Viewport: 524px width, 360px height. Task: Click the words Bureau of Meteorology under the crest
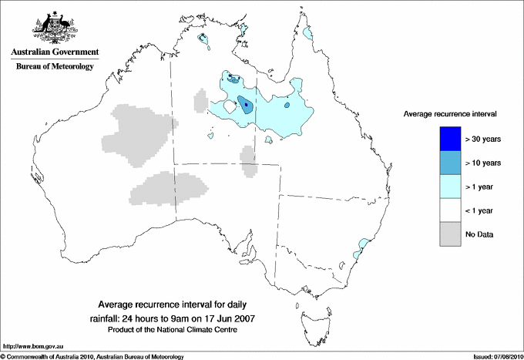[54, 67]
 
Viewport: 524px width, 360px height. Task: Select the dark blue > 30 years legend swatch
[452, 139]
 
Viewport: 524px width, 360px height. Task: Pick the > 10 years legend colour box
[452, 163]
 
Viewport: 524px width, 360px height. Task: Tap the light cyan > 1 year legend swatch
[452, 187]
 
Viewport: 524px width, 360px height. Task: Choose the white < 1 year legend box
[452, 210]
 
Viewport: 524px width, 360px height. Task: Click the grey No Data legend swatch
[452, 234]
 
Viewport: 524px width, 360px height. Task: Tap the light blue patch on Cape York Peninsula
[309, 34]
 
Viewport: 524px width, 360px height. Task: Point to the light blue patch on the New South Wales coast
[360, 248]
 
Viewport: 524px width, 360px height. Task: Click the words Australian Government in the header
[54, 52]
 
